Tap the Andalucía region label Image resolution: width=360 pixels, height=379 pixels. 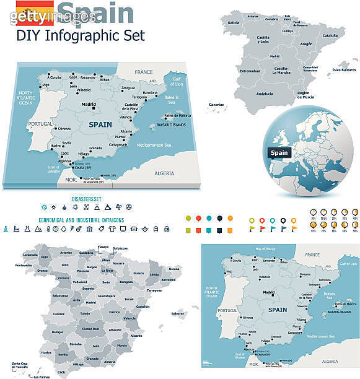pos(265,94)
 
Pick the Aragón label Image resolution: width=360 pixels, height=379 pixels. pos(306,45)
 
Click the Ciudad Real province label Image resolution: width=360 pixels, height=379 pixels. pos(91,328)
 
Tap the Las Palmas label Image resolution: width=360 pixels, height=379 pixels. pos(42,376)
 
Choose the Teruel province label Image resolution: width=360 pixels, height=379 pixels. pos(130,299)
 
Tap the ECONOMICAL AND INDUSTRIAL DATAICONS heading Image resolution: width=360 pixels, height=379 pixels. pos(81,219)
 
